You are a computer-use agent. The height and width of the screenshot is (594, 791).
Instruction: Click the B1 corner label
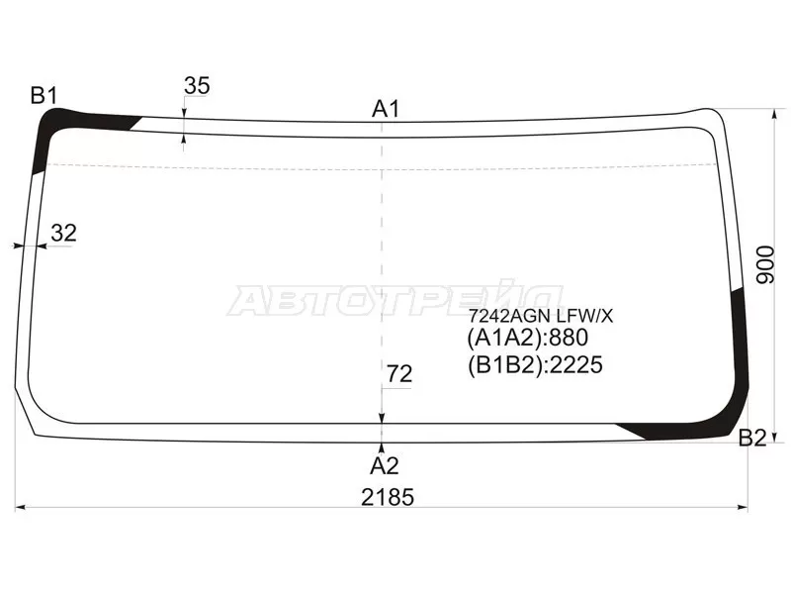click(x=44, y=95)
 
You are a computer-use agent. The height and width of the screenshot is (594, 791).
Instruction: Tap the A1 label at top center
click(x=386, y=109)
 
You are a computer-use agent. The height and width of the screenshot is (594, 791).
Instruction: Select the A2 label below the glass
click(x=385, y=466)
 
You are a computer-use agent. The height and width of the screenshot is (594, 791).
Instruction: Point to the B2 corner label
click(x=752, y=438)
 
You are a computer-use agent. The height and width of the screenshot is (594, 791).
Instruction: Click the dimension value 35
click(x=197, y=86)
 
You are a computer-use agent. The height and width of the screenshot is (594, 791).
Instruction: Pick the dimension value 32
click(x=64, y=234)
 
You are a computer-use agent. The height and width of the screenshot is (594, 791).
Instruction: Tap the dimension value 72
click(x=399, y=374)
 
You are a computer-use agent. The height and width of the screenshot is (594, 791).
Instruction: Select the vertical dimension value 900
click(x=765, y=264)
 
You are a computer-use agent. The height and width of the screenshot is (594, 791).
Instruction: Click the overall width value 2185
click(x=388, y=498)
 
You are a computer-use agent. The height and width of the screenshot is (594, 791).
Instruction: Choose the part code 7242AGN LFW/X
click(x=540, y=316)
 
